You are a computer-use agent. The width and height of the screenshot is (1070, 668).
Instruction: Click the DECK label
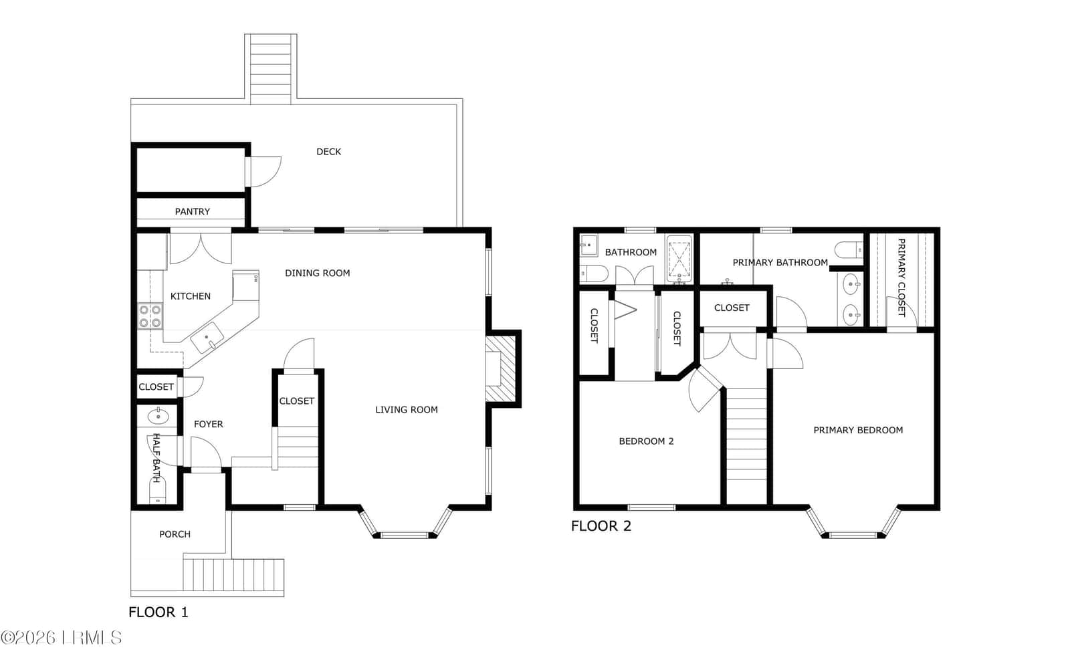[328, 152]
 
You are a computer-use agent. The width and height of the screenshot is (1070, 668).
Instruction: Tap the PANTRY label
[192, 211]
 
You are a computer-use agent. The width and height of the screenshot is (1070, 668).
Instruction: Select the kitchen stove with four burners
[150, 316]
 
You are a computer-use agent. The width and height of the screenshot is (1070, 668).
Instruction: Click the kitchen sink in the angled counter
[207, 337]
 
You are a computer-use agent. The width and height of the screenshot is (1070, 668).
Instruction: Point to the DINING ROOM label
[317, 273]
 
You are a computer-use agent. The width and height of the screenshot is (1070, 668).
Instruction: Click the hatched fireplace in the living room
[501, 368]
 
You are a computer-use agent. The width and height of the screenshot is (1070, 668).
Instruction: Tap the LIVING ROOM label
[407, 410]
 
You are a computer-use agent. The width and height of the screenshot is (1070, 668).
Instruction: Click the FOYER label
[208, 424]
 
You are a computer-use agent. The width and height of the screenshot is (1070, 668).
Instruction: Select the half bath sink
[158, 417]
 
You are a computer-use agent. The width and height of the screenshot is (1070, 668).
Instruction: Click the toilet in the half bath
[157, 492]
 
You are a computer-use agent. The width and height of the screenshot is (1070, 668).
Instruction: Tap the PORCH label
[175, 534]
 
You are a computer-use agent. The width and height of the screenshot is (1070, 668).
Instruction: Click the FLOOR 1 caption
[158, 612]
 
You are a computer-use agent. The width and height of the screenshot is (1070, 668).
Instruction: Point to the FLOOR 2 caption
[601, 526]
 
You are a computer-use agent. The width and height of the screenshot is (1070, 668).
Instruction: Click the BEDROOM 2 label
[646, 441]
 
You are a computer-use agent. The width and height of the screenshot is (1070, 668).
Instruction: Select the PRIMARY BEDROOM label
[858, 430]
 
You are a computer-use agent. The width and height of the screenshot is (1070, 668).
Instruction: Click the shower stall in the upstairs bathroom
[679, 259]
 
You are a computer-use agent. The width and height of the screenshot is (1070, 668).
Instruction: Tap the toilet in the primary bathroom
[849, 249]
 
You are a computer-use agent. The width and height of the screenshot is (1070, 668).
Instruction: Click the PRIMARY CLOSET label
[901, 277]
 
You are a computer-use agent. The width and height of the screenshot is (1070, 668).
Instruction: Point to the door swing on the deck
[265, 172]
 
